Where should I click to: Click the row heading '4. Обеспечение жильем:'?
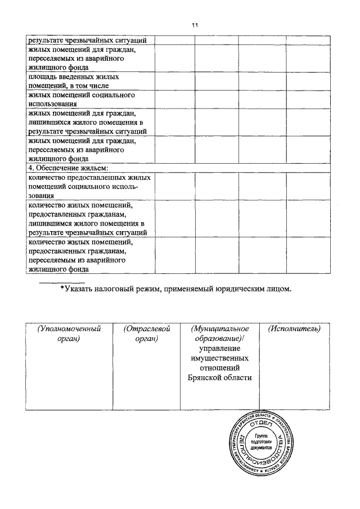67,168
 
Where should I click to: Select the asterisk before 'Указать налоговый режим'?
62,290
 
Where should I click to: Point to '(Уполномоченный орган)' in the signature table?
69,334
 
